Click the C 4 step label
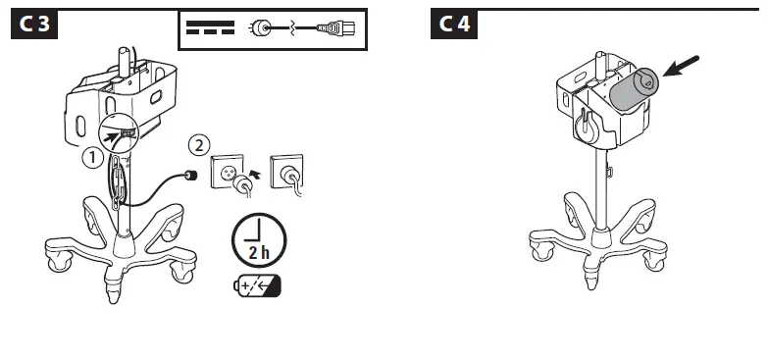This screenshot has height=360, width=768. (453, 26)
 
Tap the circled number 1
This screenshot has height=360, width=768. (90, 157)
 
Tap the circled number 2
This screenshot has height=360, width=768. (199, 145)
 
